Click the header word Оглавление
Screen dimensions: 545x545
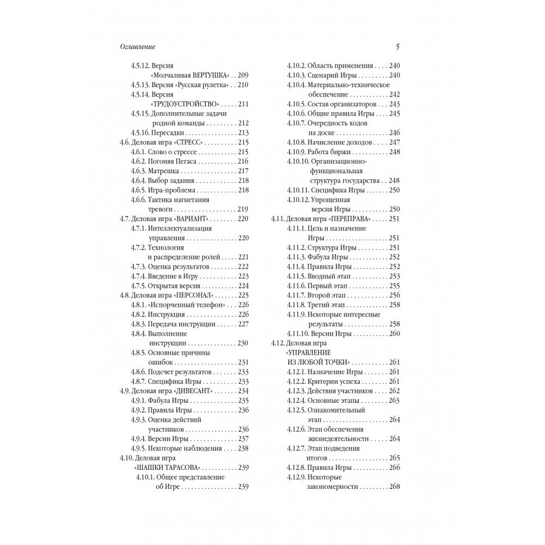tap(137, 47)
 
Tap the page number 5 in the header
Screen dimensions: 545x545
tap(397, 47)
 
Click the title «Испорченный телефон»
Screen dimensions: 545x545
tap(186, 305)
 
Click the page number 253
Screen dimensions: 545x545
tap(395, 276)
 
